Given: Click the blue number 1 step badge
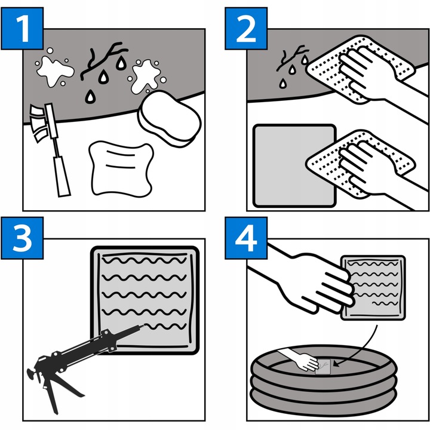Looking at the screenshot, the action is (22, 29).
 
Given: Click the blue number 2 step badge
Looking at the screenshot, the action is (246, 29).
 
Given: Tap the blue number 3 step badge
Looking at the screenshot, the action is (22, 238).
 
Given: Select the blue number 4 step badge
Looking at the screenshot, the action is (246, 238).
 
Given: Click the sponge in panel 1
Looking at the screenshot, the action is (170, 119).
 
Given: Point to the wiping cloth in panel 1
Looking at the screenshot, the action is (121, 169).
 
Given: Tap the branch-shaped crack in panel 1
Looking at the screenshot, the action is (103, 60).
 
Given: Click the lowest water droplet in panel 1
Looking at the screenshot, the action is (90, 96).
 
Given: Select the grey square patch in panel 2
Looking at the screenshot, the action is (294, 165).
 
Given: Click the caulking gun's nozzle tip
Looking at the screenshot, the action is (143, 326).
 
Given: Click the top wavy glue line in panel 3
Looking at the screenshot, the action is (145, 260).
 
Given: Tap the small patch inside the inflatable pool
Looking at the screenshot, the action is (323, 367).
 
